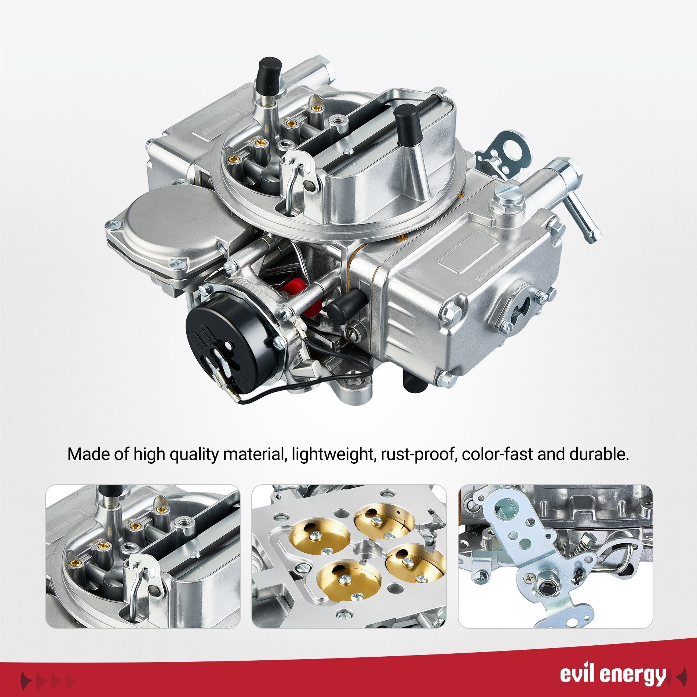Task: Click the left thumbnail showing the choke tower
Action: pos(143,556)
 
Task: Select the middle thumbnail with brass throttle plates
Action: pos(349,556)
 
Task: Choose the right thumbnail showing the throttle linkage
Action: pos(555,556)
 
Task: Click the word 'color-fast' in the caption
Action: pos(497,455)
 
